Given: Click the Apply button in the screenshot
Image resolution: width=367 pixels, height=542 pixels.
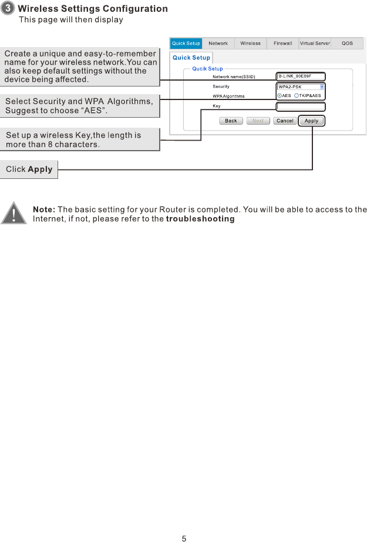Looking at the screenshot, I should point(311,121).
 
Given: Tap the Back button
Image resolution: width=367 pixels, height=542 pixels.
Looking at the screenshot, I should point(231,121).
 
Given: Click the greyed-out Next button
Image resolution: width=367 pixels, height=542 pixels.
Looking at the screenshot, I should point(258,121).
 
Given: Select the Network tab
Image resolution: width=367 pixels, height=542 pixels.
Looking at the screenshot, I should point(218,44).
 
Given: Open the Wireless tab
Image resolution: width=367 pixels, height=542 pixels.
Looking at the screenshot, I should point(250,44).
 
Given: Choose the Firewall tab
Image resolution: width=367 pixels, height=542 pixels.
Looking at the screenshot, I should point(282,44).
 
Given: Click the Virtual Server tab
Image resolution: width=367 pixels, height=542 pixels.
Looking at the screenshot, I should point(315,44).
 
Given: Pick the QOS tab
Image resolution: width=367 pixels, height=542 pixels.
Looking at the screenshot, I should point(348,44).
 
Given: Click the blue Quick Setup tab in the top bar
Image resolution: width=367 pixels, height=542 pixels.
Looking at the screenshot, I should point(186,44).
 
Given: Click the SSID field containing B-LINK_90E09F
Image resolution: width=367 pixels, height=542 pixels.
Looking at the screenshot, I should point(301,76).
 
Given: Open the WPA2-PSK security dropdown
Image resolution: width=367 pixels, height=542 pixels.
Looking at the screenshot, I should point(301,87).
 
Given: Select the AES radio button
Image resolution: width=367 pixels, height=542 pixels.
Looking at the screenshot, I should point(280,95).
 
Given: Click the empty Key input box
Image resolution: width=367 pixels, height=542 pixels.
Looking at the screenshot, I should point(301,106).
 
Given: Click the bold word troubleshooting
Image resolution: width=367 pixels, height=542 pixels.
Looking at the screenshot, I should point(200,219).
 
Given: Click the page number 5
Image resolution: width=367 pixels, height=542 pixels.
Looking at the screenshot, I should point(184,538).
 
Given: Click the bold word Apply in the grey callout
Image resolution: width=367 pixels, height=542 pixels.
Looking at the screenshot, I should point(40,169).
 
